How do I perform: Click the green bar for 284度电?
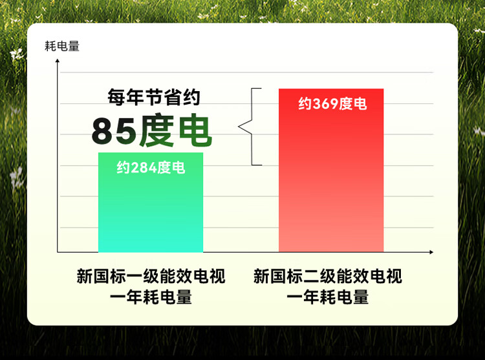pos(151,202)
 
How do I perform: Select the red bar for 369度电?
pos(331,170)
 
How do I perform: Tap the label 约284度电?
pos(151,168)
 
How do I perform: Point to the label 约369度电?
pos(332,104)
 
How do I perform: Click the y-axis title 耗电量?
pos(62,47)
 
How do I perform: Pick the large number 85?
pos(114,131)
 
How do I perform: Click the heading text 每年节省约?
pos(154,97)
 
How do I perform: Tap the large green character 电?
pos(195,130)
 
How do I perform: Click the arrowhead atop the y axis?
pos(57,61)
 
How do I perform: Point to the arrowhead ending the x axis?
pos(431,252)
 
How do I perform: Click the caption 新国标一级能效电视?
pos(151,276)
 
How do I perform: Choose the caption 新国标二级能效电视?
pos(328,276)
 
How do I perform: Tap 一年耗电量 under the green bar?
pos(151,297)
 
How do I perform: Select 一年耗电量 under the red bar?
pos(328,297)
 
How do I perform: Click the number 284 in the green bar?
pos(144,168)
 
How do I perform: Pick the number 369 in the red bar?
pos(326,104)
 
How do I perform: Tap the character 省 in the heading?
pos(173,97)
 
